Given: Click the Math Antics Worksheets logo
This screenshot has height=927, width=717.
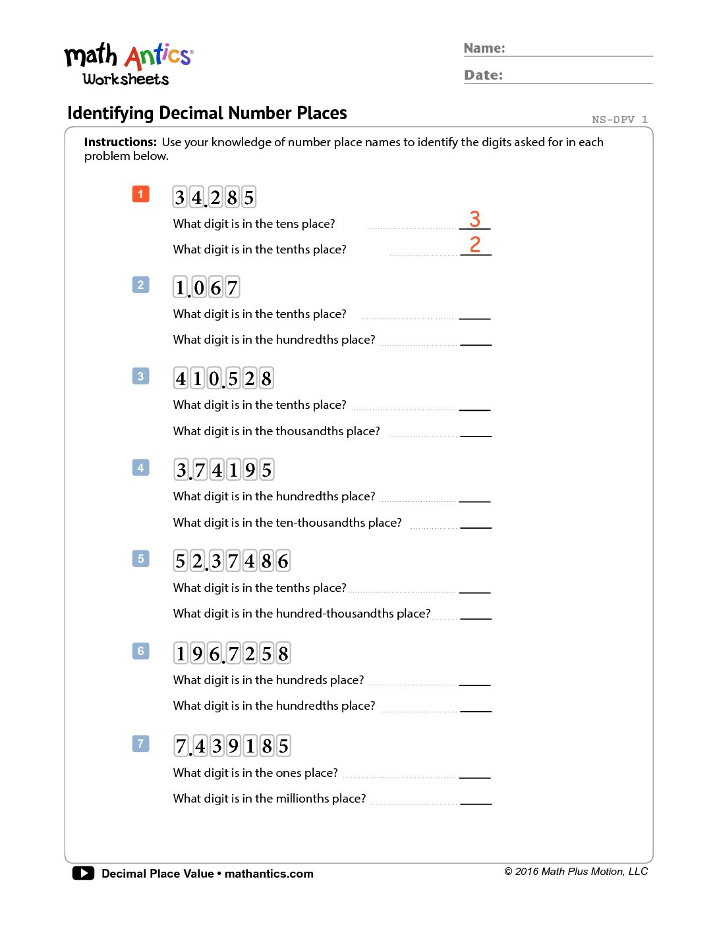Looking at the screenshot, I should tap(128, 65).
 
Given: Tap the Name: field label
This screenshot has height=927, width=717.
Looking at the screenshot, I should tap(484, 48).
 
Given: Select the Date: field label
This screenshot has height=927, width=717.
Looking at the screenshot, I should tap(483, 75).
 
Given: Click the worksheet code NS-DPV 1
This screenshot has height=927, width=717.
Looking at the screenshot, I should tap(619, 119).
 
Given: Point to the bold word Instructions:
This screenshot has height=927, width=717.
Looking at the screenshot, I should tap(121, 142).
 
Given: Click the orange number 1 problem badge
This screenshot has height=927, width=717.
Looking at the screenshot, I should tap(140, 194).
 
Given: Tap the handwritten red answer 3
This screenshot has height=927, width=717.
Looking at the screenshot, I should tap(474, 219).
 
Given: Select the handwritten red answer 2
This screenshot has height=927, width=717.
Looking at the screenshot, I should tap(474, 244).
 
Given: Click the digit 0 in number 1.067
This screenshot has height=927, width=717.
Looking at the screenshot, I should tap(199, 288).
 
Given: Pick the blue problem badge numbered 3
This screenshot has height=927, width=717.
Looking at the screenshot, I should tap(140, 377).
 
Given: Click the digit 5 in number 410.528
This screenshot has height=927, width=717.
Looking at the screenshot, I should tap(233, 379).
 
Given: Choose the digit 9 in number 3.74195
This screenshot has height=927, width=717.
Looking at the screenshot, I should tap(250, 470).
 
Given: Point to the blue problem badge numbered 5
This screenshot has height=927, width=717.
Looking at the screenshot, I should tap(140, 559).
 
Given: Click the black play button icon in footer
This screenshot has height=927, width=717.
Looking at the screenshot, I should tap(83, 873).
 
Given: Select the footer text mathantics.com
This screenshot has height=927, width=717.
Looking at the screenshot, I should tap(269, 874).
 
